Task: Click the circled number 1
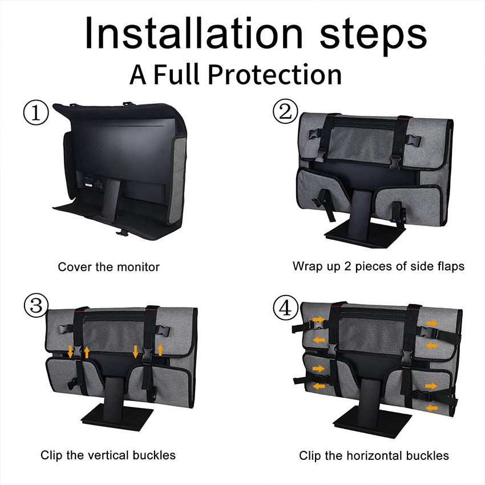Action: [36, 112]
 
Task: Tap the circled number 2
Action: [285, 111]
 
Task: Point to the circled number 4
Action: [285, 308]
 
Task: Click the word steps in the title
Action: [373, 35]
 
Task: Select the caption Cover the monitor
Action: [108, 266]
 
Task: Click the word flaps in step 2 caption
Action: [451, 266]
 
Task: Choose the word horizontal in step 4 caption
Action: [373, 456]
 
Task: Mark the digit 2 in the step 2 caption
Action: [348, 266]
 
